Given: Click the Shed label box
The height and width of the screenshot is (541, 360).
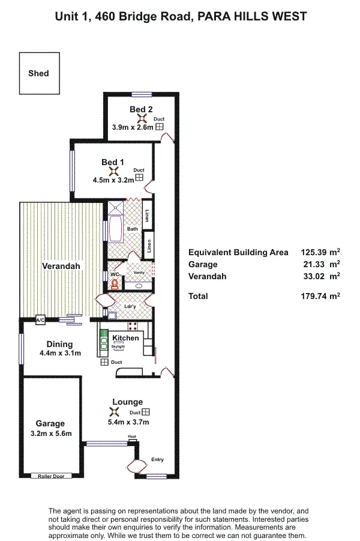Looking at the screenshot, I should [39, 73].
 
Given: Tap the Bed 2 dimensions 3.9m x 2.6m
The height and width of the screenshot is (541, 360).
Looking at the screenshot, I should [133, 127].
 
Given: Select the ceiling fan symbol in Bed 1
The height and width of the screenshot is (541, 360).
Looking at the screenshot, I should [113, 171].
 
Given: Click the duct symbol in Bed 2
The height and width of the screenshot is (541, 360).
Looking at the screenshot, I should [159, 127].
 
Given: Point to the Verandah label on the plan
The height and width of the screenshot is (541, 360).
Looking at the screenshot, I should [61, 266].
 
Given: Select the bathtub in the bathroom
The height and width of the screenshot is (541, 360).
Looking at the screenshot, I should [114, 229].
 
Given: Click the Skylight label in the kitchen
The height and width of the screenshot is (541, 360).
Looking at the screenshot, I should [118, 347].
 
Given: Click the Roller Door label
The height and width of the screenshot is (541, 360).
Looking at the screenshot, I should [51, 476].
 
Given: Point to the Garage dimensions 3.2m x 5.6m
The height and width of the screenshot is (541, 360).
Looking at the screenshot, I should [50, 433].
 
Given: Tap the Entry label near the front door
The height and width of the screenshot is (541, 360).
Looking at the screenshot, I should [157, 459].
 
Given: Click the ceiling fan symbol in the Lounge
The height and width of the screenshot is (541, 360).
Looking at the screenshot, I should [113, 413].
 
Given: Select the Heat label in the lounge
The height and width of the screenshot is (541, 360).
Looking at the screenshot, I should [132, 437].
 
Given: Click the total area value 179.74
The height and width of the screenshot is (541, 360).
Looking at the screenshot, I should [317, 296].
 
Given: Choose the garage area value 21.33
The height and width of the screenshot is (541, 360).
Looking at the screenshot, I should [319, 264].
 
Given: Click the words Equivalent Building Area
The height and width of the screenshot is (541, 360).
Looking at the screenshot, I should [238, 252].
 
